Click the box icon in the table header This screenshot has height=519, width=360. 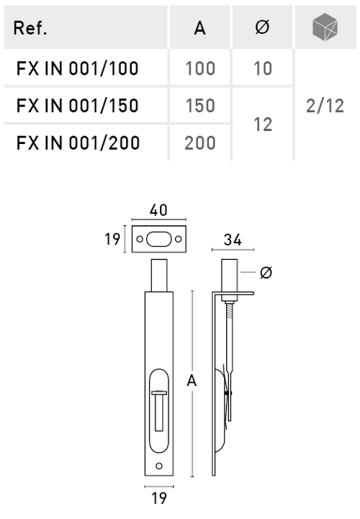pyautogui.click(x=324, y=27)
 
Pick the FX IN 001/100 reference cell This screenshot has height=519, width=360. pyautogui.click(x=78, y=69)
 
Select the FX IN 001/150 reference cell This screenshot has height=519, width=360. pyautogui.click(x=78, y=106)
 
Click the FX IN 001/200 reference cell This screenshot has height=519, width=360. pyautogui.click(x=78, y=143)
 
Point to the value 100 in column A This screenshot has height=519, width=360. pyautogui.click(x=200, y=69)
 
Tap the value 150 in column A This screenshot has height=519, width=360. pyautogui.click(x=200, y=106)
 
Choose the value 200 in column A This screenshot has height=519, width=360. pyautogui.click(x=200, y=143)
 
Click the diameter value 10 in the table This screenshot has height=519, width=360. pyautogui.click(x=263, y=69)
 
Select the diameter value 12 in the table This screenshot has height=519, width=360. pyautogui.click(x=263, y=125)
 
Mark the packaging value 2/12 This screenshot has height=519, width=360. pyautogui.click(x=324, y=107)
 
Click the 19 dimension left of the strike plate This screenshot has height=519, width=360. pyautogui.click(x=112, y=239)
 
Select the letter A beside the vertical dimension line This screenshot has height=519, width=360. pyautogui.click(x=192, y=381)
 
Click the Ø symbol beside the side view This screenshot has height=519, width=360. pyautogui.click(x=266, y=273)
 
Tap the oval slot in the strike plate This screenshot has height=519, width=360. pyautogui.click(x=158, y=239)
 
